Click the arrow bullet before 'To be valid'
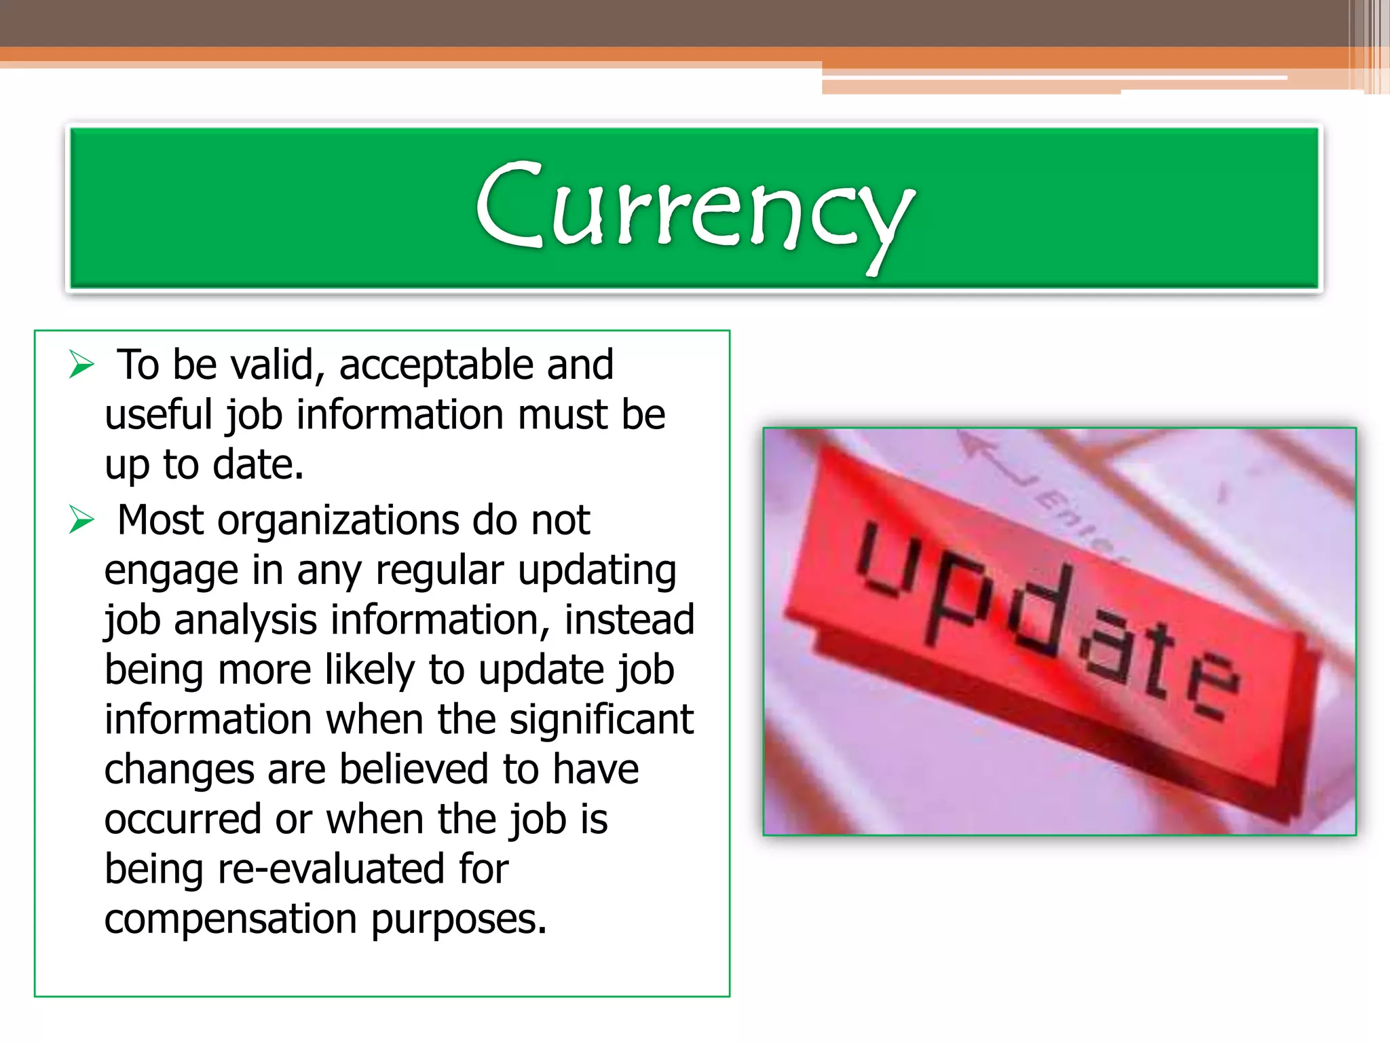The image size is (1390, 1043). [81, 365]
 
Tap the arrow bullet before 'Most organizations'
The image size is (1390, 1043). [81, 521]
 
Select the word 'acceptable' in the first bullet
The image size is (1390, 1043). [436, 365]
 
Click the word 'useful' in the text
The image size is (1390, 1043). [159, 415]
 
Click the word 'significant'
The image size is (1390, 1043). [601, 720]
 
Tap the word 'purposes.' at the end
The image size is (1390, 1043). [459, 920]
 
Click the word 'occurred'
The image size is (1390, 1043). [182, 820]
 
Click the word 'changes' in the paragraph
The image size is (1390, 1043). [179, 771]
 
